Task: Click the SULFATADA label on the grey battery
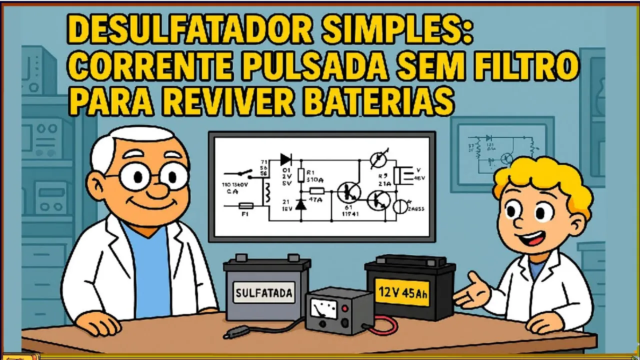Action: click(x=263, y=293)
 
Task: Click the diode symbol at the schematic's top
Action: click(x=286, y=159)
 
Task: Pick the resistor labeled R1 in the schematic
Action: click(x=300, y=175)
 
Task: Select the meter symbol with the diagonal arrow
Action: click(x=378, y=159)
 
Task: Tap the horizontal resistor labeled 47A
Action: click(x=316, y=190)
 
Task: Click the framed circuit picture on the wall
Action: click(x=502, y=153)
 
